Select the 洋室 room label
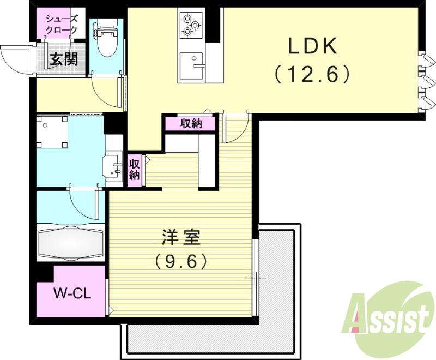pos(181,238)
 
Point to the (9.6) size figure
pos(181,262)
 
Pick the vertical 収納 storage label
pos(135,170)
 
